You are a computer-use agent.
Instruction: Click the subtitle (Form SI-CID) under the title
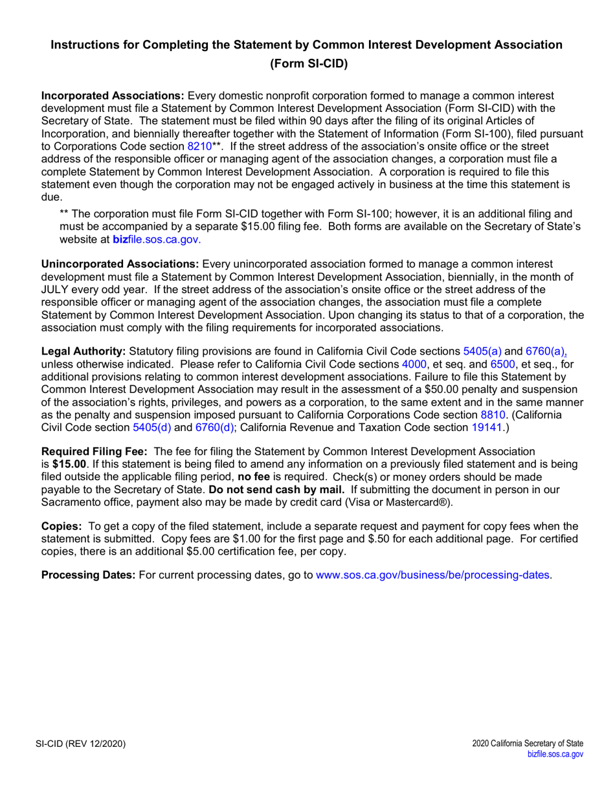[x=307, y=64]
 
